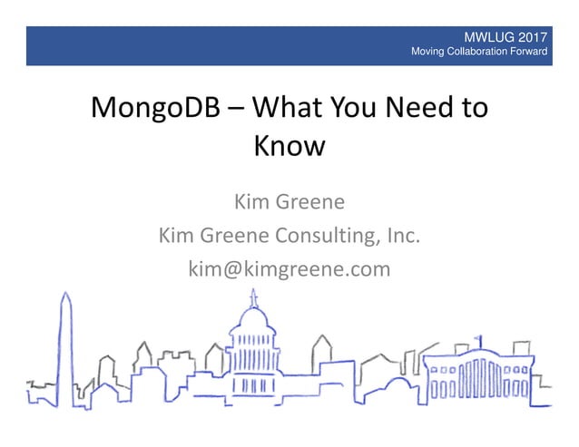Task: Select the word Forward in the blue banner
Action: [529, 53]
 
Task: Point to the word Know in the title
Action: [288, 145]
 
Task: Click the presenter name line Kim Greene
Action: [289, 200]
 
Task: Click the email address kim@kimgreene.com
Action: [289, 269]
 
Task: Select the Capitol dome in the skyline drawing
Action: [253, 331]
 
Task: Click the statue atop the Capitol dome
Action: [253, 296]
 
